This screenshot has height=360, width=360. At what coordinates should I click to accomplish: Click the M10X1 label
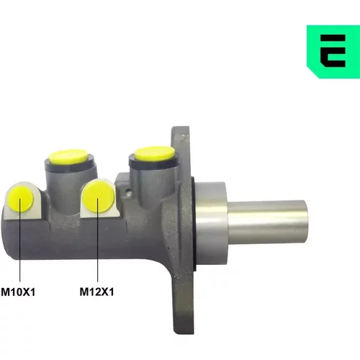(x=18, y=292)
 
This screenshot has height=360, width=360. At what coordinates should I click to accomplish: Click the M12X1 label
(x=96, y=292)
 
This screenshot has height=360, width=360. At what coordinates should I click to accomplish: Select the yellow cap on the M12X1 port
(x=98, y=197)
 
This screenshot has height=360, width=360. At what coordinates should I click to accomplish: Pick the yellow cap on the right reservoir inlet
(x=155, y=153)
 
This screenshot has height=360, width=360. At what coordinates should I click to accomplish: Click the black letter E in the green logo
(x=333, y=50)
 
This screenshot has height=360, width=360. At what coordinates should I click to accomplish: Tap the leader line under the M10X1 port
(x=20, y=240)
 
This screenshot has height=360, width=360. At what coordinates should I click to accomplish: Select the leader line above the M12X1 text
(x=98, y=240)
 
